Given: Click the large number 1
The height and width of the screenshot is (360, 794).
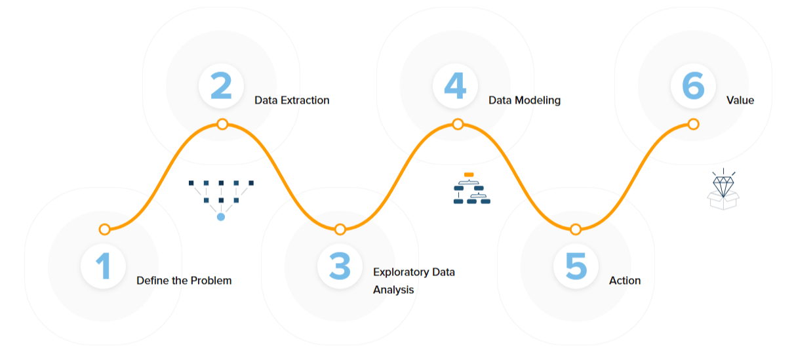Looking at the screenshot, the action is (104, 267).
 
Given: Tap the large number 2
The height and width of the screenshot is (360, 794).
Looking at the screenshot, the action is (222, 85).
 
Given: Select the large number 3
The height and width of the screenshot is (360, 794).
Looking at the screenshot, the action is (340, 267).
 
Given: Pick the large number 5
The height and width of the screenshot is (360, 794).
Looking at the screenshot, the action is (576, 267).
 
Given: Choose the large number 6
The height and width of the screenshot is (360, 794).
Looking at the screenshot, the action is (693, 85).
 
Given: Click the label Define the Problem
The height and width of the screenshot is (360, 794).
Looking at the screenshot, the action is (184, 281).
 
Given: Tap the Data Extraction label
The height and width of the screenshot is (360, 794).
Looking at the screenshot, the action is (292, 100).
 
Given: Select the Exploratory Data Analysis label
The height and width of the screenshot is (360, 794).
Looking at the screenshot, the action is (414, 281).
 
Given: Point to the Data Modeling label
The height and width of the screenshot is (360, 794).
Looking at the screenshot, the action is (525, 100).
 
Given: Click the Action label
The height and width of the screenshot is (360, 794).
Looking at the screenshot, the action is (625, 281).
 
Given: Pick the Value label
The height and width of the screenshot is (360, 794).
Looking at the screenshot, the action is (740, 100).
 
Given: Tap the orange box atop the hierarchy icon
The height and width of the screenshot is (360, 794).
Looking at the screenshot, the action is (469, 174).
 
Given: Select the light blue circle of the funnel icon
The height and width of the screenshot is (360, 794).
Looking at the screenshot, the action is (221, 216).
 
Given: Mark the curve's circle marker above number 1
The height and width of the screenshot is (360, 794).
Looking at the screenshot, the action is (104, 229).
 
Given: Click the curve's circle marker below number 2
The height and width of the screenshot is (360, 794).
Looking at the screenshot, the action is (222, 124).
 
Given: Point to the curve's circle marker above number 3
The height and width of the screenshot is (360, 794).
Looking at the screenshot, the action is (340, 229).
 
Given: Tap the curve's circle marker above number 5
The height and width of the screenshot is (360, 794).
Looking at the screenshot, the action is (576, 229).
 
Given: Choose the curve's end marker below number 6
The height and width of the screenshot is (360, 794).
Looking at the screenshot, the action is (694, 124).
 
